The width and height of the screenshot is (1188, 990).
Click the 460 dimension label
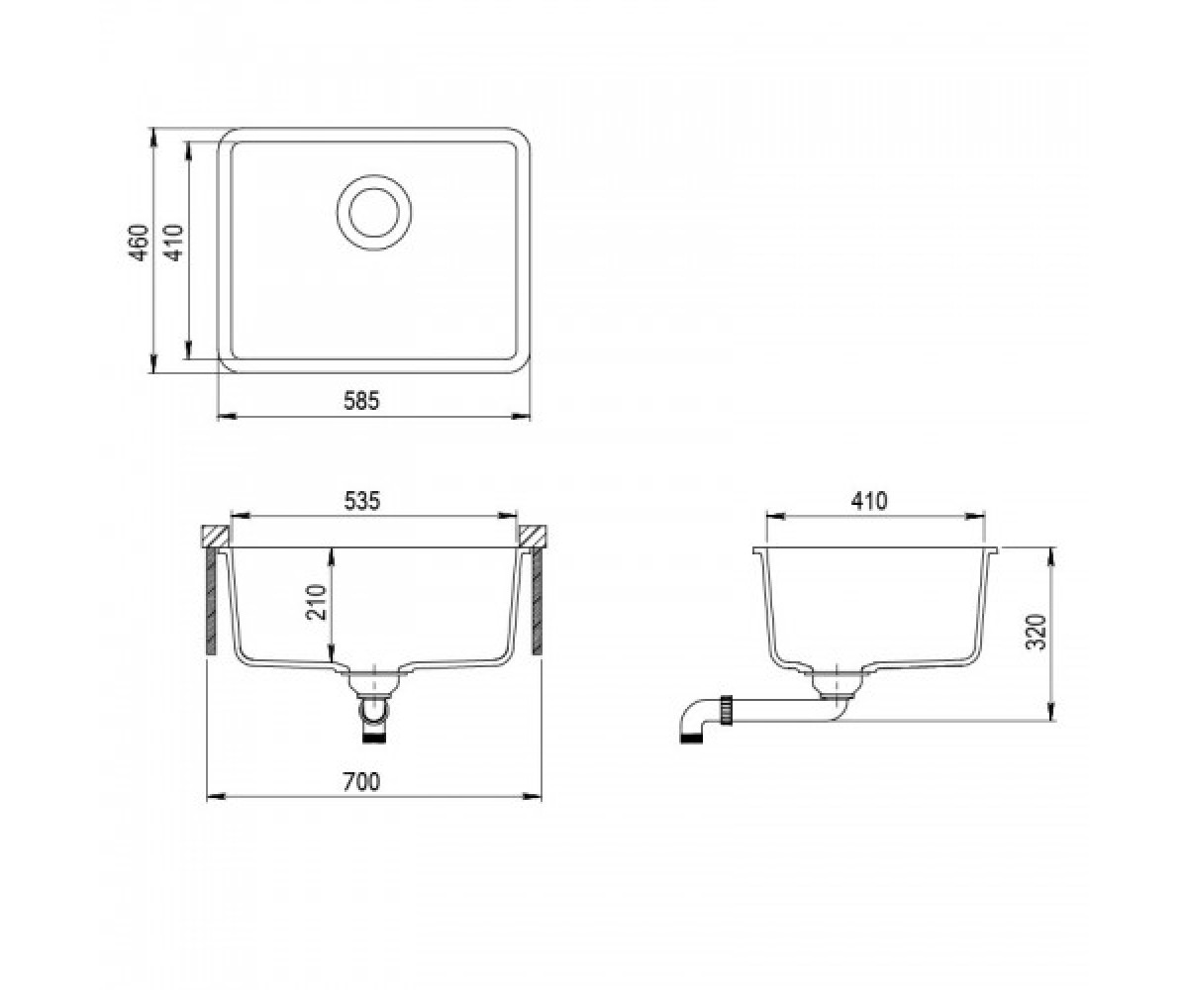click(139, 243)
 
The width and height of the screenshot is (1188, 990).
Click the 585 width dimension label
click(361, 401)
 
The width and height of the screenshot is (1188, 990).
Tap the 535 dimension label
click(362, 501)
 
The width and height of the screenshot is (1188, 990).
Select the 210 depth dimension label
click(316, 602)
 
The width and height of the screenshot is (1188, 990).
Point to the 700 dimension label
click(361, 781)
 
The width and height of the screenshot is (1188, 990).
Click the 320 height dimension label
click(1036, 633)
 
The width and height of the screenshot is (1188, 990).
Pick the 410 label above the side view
click(869, 501)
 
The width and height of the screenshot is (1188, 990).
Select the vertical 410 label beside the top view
click(173, 243)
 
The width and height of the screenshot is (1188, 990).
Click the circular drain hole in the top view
click(374, 212)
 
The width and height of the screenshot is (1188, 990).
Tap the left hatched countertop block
click(215, 537)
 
